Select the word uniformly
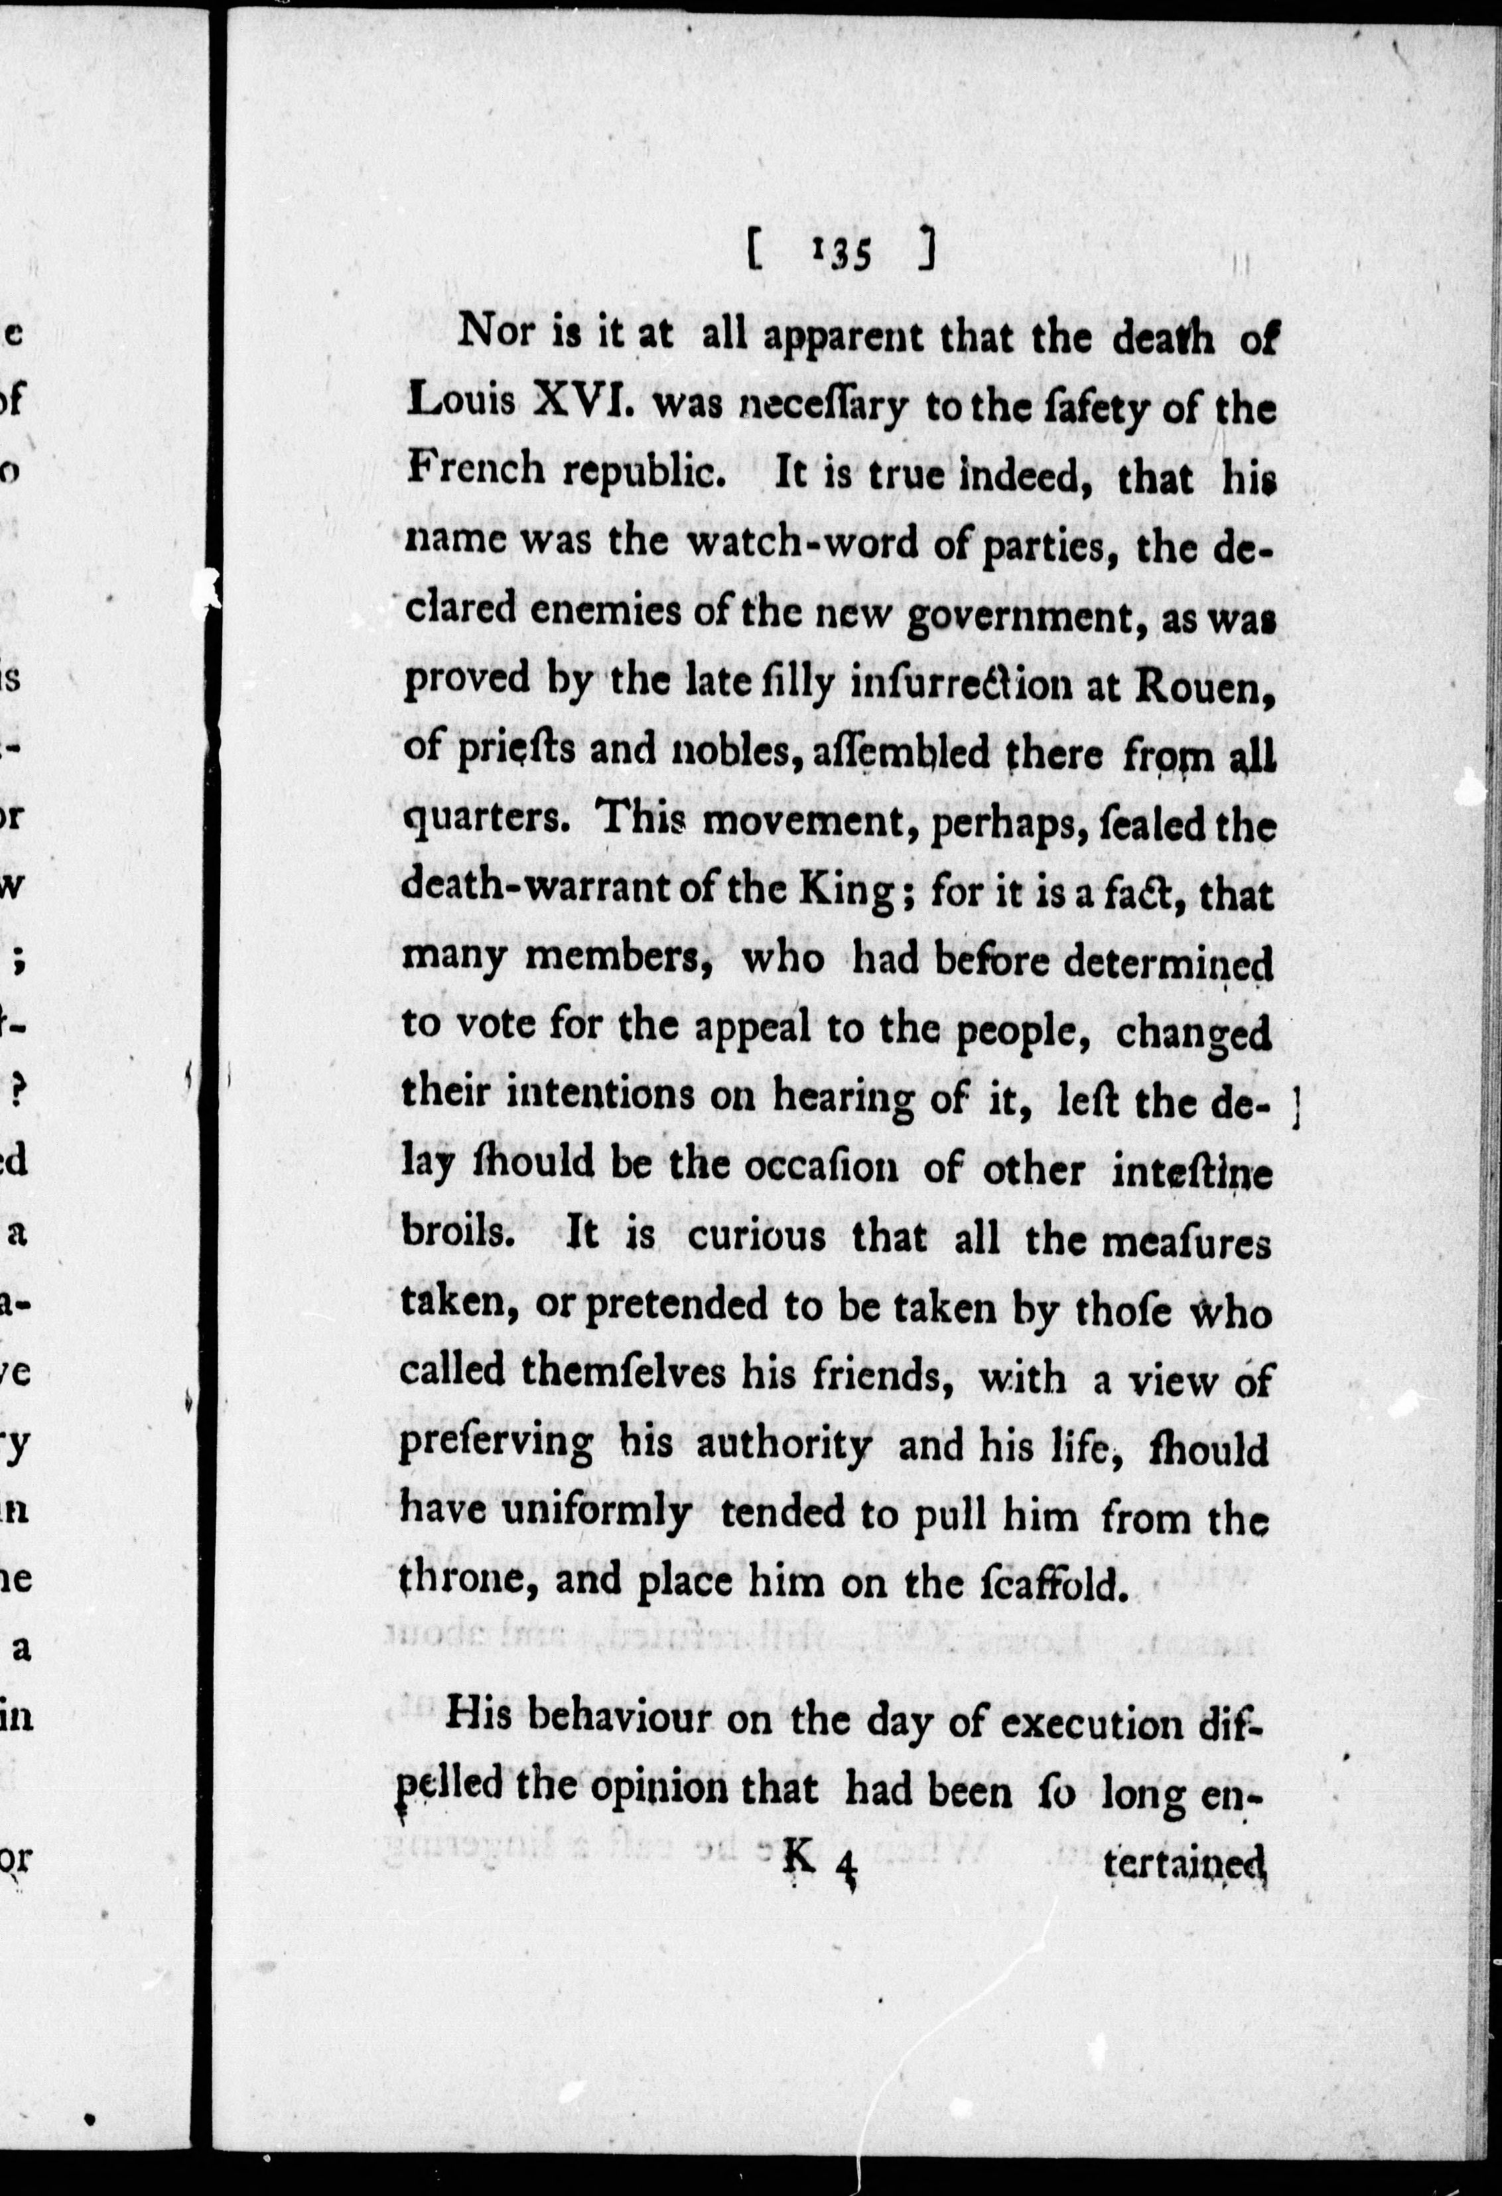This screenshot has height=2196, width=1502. [x=596, y=1513]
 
